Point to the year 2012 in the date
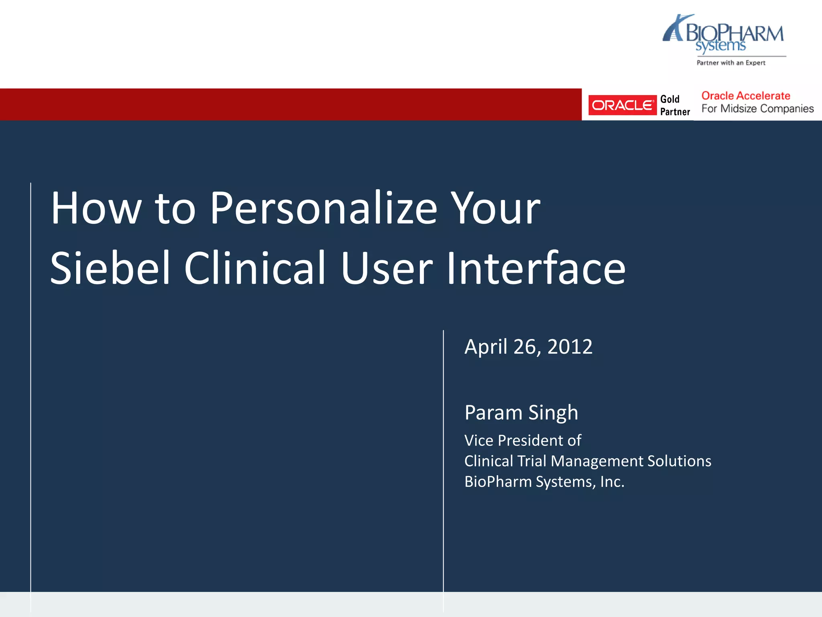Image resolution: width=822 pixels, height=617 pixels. coord(570,347)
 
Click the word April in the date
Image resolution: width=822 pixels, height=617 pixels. coord(486,347)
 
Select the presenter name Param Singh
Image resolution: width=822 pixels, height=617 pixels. coord(521,413)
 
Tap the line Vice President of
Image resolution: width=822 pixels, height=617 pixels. coord(523,441)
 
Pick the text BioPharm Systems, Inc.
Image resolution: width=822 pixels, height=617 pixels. coord(544,482)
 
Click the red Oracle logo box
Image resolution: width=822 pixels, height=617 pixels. coord(622,105)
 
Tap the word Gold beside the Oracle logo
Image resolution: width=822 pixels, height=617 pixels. coord(669,99)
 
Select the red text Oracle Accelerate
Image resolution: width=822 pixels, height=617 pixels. coord(745,96)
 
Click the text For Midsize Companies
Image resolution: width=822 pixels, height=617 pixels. coord(757,108)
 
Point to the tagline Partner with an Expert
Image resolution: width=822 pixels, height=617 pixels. coord(731,63)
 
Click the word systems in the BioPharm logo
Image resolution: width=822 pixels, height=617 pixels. coord(720,46)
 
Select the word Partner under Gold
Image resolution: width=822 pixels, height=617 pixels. coord(675,112)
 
